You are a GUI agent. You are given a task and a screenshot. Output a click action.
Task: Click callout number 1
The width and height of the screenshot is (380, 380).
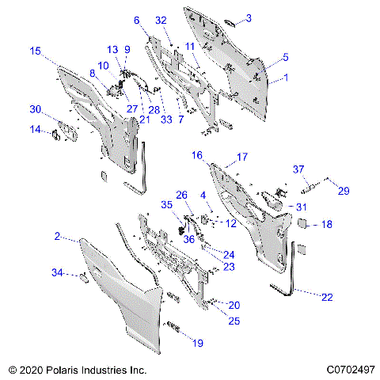click(x=286, y=78)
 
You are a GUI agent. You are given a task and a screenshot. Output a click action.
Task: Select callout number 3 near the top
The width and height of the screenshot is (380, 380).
click(x=248, y=17)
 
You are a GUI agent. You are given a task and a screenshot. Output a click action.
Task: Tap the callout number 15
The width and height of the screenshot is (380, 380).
click(x=35, y=51)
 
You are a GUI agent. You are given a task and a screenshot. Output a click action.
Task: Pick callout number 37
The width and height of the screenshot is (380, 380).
click(x=298, y=169)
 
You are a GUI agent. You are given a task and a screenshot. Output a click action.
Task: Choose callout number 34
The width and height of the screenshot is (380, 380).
click(x=57, y=272)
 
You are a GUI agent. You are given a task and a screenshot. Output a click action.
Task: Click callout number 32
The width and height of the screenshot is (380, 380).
click(x=161, y=19)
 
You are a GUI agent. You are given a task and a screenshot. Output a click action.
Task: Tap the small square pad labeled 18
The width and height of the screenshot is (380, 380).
click(x=302, y=224)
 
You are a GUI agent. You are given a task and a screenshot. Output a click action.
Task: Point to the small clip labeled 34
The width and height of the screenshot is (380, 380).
click(x=82, y=276)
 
